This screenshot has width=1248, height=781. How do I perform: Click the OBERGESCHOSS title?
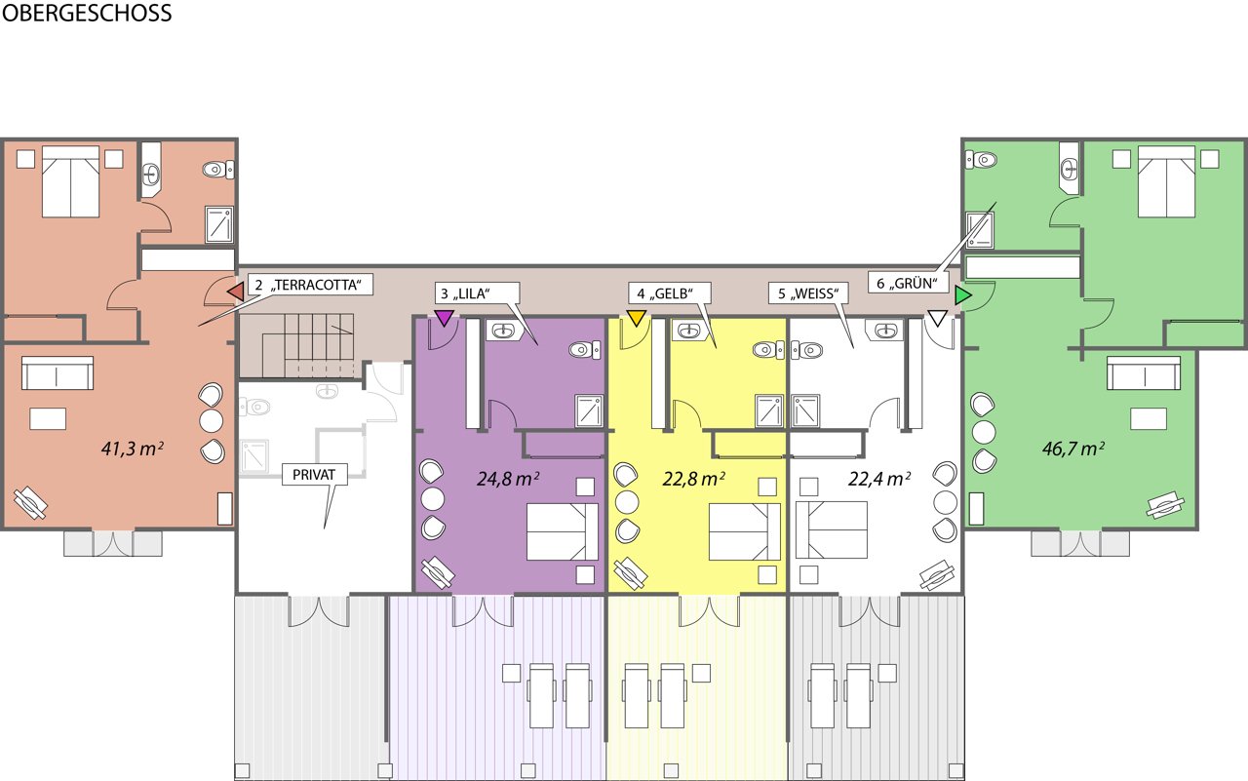(x=87, y=13)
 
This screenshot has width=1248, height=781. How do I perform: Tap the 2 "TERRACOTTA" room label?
(x=309, y=286)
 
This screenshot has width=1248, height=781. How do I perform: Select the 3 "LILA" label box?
(x=477, y=293)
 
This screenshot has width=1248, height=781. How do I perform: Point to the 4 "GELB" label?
(x=670, y=293)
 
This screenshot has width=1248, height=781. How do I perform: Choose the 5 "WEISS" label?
(x=808, y=293)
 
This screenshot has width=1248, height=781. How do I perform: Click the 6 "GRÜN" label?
(x=908, y=283)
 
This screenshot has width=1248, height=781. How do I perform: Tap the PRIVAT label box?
(x=314, y=475)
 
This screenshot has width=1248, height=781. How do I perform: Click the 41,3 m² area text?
(x=133, y=449)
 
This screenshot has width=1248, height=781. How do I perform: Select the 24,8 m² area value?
(x=508, y=479)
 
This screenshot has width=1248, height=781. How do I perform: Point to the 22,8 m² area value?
(x=693, y=479)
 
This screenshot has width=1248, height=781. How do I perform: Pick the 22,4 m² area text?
(x=879, y=479)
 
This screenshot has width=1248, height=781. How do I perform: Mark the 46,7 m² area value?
(x=1073, y=449)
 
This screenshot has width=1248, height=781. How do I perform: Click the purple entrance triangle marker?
(x=444, y=318)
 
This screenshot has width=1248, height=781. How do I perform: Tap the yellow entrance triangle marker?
(x=637, y=318)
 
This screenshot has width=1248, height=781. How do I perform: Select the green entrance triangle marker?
(x=962, y=295)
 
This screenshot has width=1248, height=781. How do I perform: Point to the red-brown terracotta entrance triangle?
(x=236, y=292)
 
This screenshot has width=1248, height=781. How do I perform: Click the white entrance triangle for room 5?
(x=938, y=318)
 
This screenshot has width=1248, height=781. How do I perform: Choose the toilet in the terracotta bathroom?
(x=218, y=169)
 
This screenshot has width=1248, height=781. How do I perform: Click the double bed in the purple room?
(x=563, y=531)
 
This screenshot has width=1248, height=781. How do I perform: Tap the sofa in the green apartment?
(x=1144, y=372)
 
